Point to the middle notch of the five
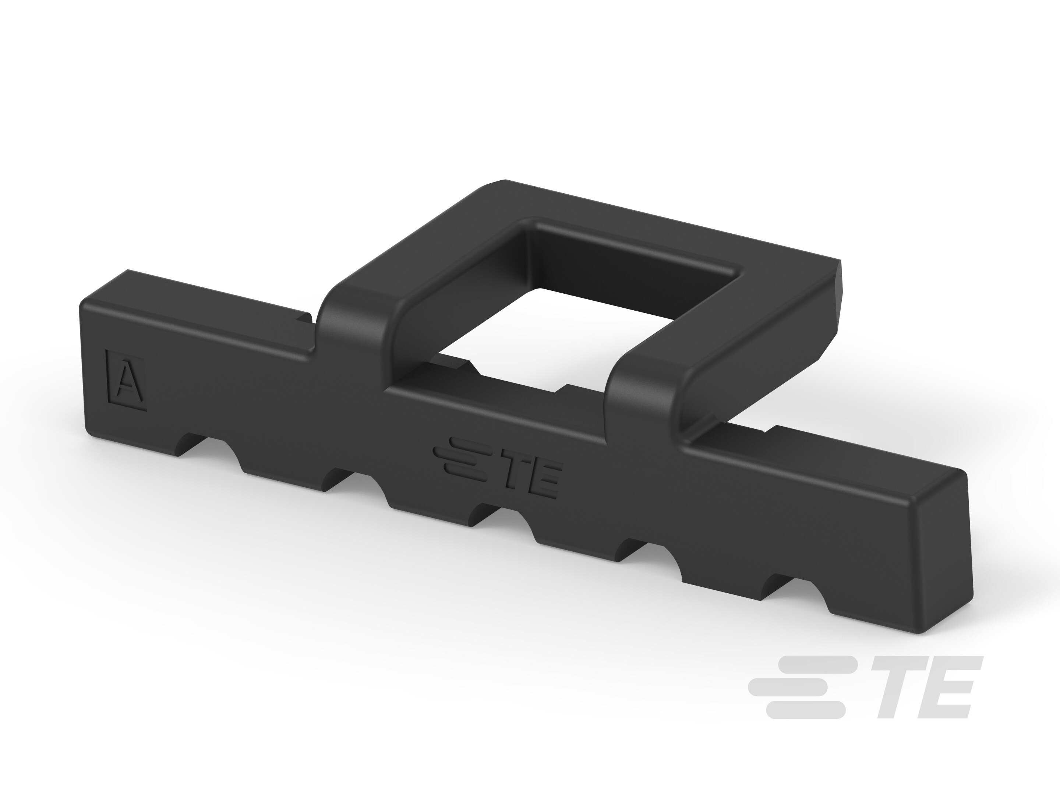click(484, 517)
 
